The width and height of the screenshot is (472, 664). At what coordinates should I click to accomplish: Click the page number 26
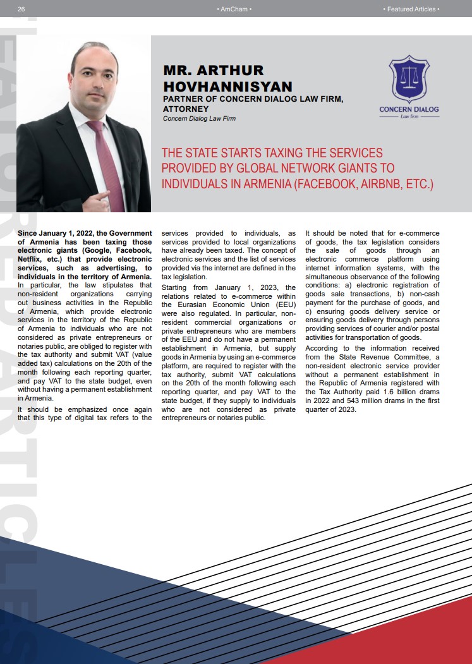point(21,9)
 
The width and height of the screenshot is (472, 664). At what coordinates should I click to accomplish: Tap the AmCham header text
point(234,9)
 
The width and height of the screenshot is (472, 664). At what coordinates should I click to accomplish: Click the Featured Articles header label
point(411,9)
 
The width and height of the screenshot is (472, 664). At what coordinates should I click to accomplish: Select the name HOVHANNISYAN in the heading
point(227,87)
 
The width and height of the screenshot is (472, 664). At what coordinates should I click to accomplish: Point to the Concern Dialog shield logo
point(409,80)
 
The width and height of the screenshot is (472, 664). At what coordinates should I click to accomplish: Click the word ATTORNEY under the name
point(186,109)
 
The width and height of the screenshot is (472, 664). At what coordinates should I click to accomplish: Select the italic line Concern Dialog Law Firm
point(199,118)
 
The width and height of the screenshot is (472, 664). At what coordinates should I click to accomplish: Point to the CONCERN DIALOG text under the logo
point(409,109)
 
